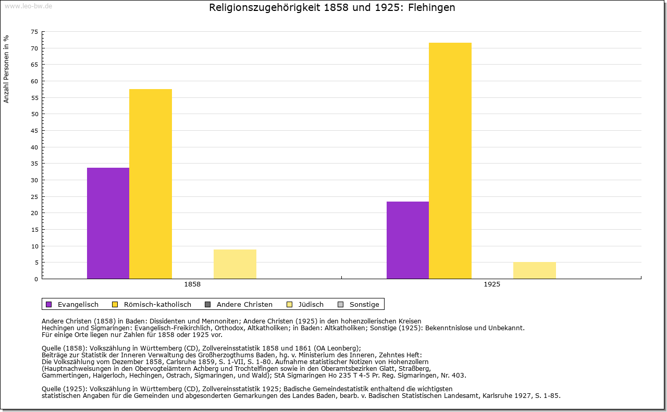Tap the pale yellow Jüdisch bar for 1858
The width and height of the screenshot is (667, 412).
(234, 264)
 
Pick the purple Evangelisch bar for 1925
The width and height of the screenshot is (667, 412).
(407, 240)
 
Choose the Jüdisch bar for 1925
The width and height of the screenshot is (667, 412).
(534, 270)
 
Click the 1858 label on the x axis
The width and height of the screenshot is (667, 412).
(192, 285)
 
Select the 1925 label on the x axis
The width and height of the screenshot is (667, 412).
(492, 285)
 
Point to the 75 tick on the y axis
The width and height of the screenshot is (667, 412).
(34, 32)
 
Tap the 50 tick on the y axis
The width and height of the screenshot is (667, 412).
(34, 114)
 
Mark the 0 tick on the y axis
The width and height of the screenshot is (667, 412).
(36, 279)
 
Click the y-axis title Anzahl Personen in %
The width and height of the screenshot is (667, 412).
(6, 69)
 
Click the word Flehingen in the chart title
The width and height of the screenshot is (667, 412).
(432, 8)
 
